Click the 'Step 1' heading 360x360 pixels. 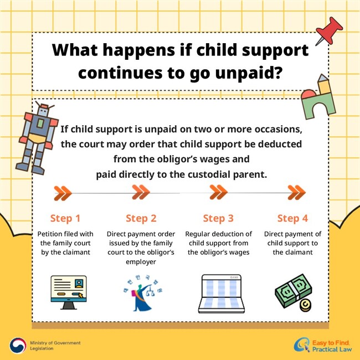(65, 218)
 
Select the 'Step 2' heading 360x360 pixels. (141, 218)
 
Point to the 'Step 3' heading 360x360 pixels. (218, 218)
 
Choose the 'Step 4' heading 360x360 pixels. (292, 218)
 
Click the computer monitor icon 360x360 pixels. (69, 292)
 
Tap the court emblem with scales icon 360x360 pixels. (142, 293)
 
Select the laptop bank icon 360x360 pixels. (222, 294)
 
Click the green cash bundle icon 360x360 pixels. (293, 290)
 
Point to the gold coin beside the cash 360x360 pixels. (305, 306)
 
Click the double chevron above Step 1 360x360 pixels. (63, 193)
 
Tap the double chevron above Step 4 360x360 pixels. (297, 192)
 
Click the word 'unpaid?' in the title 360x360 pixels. (249, 73)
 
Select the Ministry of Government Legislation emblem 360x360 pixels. (18, 346)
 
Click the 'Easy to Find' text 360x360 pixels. (331, 343)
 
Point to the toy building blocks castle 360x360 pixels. (318, 97)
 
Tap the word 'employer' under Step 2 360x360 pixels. (141, 262)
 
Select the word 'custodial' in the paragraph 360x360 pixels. (209, 174)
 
